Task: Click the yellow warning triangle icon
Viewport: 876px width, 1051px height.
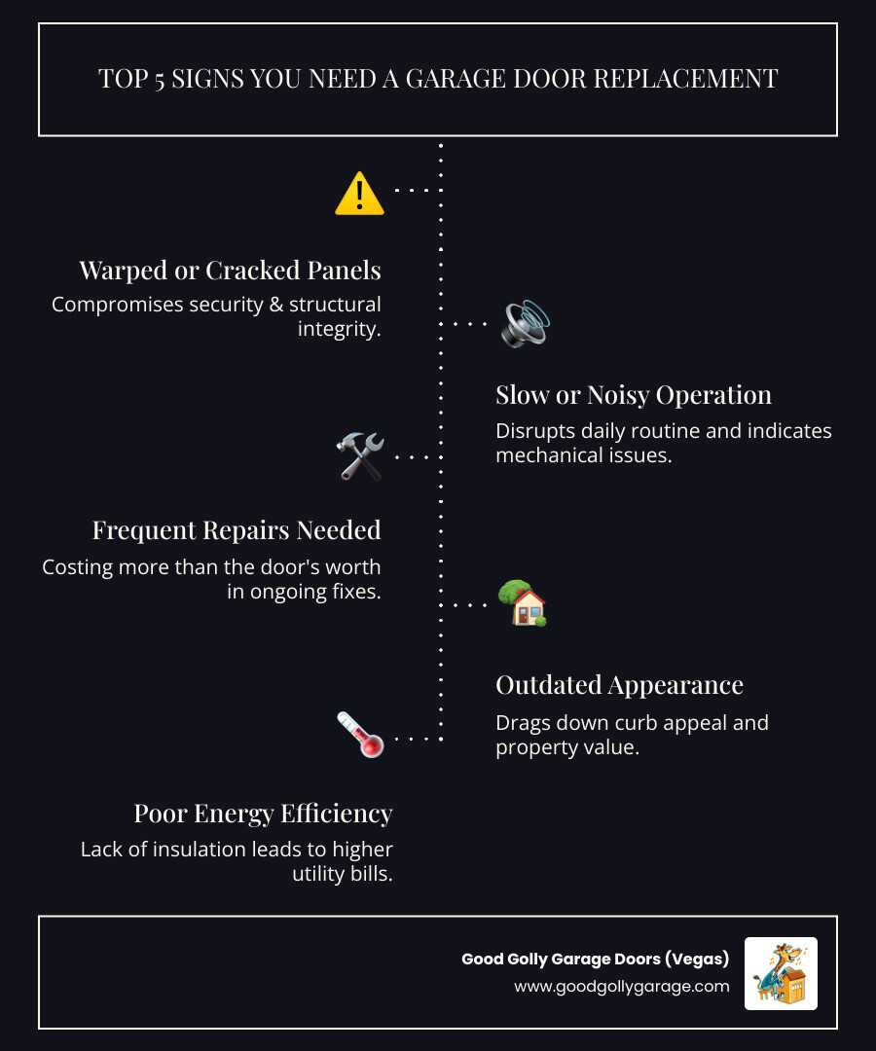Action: coord(359,193)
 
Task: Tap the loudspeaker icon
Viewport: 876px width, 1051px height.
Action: coord(525,324)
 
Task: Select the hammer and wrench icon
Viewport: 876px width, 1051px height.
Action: coord(359,456)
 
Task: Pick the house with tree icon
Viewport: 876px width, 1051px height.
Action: coord(522,603)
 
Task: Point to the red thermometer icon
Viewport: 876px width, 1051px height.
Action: coord(359,735)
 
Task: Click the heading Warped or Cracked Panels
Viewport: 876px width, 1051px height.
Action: coord(230,270)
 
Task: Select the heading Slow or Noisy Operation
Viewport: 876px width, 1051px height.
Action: coord(634,394)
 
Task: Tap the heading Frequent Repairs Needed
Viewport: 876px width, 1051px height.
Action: coord(237,530)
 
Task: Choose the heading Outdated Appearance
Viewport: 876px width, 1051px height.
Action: coord(619,685)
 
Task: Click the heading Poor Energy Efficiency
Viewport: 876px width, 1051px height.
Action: coord(263,813)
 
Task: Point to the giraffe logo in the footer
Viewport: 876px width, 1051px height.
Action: coord(781,973)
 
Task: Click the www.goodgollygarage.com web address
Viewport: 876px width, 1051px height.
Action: coord(622,986)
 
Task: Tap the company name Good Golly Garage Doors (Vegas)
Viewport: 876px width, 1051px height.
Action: coord(595,959)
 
